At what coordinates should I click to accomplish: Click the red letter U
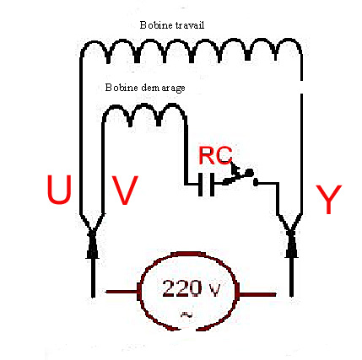(59, 189)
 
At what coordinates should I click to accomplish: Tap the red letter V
(125, 191)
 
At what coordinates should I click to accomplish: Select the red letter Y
(328, 199)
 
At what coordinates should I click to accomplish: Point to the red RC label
(215, 155)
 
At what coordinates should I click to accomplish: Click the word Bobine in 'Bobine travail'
(156, 25)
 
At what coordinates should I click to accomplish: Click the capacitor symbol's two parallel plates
(206, 185)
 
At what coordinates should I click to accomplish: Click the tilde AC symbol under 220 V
(186, 314)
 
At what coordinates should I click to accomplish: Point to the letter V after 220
(213, 290)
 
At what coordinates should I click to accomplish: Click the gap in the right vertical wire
(301, 88)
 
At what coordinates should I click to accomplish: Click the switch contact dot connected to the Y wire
(256, 183)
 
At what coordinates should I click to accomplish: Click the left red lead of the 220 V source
(122, 292)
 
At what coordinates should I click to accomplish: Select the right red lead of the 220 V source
(257, 294)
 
